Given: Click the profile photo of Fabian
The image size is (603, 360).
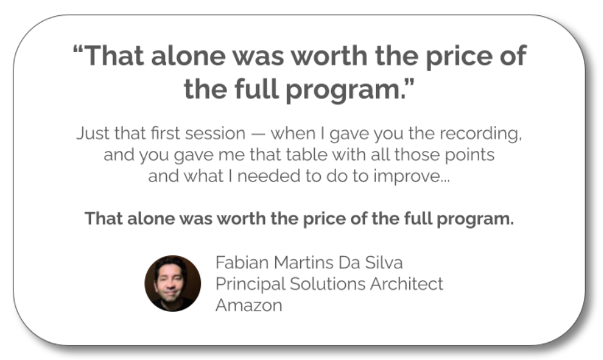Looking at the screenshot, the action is tap(173, 284).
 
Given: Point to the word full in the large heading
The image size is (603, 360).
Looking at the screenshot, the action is tap(257, 89).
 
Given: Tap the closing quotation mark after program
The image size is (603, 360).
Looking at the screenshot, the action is tap(410, 82).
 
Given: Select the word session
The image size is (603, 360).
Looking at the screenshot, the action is tap(215, 133).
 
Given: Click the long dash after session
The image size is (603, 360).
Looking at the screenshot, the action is tap(258, 135).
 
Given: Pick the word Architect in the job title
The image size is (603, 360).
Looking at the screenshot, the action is tap(407, 284).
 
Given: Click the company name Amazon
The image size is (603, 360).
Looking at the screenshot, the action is tap(249, 305).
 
